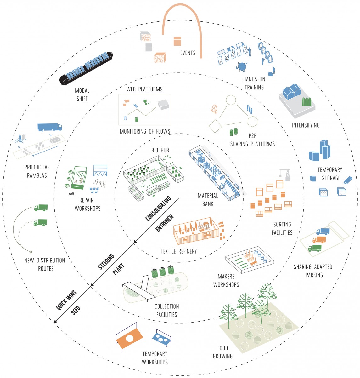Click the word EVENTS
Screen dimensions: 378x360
(x=188, y=53)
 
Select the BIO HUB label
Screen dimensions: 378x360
(x=160, y=150)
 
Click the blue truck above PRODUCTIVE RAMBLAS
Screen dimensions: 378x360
(x=49, y=127)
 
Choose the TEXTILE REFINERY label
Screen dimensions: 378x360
(x=178, y=251)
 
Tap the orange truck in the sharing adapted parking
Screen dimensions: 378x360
(x=319, y=240)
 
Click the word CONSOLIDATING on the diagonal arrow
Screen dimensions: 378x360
(x=158, y=208)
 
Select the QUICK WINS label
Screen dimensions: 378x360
(x=66, y=301)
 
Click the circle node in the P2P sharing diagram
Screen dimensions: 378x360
(x=231, y=100)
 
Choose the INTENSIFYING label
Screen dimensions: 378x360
(x=305, y=125)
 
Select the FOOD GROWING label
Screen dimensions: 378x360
(x=222, y=352)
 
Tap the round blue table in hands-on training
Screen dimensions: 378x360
(x=242, y=66)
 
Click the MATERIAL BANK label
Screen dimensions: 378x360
(x=207, y=200)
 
